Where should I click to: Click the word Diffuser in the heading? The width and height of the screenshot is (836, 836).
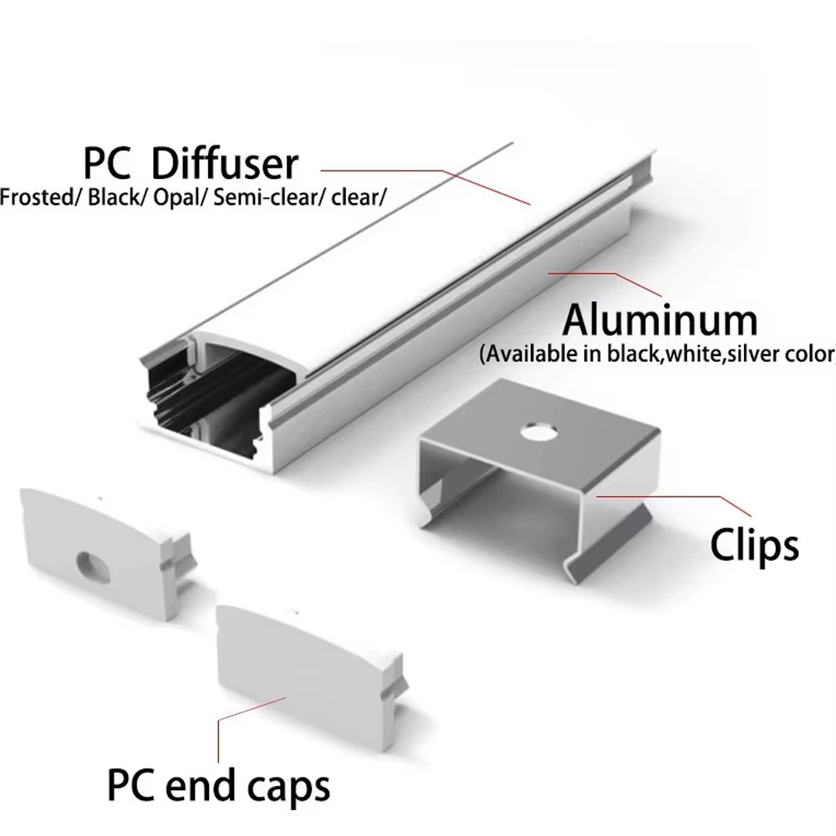[x=224, y=163]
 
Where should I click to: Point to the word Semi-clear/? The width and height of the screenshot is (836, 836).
[x=269, y=197]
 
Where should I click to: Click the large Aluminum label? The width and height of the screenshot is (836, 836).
[x=660, y=320]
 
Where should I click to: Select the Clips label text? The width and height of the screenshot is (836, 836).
[x=754, y=544]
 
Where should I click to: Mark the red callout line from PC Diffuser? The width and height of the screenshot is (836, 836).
[x=426, y=186]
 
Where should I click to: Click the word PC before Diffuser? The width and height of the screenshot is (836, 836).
[x=107, y=163]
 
